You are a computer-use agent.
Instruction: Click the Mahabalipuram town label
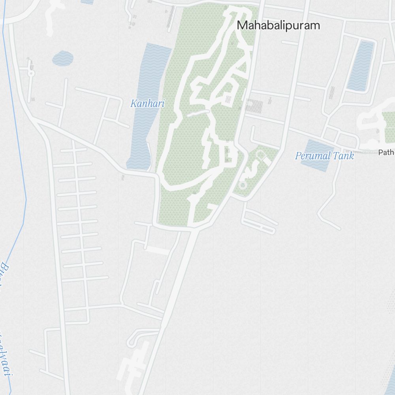pos(278,26)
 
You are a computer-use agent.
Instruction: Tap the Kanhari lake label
pos(147,104)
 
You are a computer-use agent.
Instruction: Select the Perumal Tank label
pos(324,156)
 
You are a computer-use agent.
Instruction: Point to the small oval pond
pos(62,58)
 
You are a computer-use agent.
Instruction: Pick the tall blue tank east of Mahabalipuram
pos(360,65)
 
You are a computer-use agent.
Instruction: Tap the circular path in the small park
pos(243,185)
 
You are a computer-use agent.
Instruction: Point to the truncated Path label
pos(386,152)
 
